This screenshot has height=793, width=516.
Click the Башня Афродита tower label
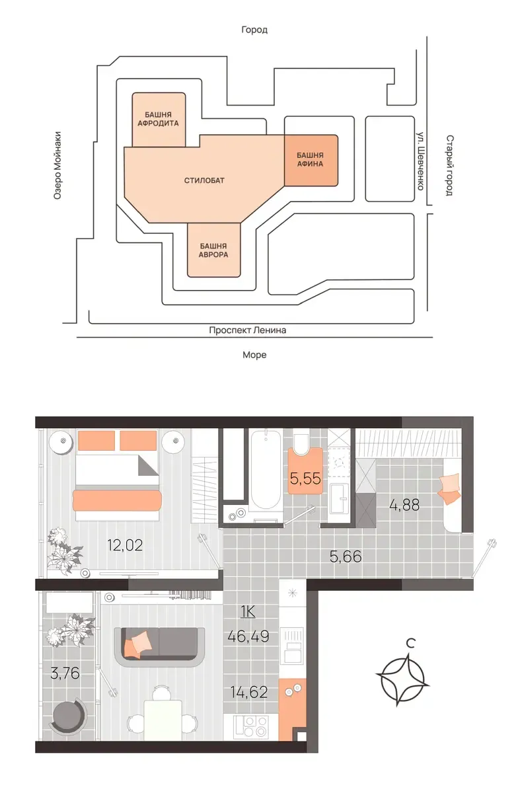(x=158, y=119)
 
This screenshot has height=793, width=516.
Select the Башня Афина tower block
(x=311, y=160)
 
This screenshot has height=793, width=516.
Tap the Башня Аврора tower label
(x=213, y=250)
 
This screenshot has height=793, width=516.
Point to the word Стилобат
(x=204, y=180)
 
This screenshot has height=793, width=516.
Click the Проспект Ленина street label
(x=247, y=330)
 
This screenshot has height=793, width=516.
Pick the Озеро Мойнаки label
(x=57, y=165)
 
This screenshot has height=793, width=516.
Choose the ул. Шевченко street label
(x=420, y=161)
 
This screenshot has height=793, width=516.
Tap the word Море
(x=254, y=355)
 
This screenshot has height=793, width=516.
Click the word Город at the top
(x=254, y=30)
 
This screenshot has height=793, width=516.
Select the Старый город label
(x=449, y=165)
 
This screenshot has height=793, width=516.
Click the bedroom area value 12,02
(x=125, y=545)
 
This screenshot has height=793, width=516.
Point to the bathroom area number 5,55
(x=305, y=478)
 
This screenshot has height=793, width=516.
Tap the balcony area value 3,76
(x=65, y=673)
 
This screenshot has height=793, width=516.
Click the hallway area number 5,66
(x=346, y=557)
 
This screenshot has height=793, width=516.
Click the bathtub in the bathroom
(x=265, y=469)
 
